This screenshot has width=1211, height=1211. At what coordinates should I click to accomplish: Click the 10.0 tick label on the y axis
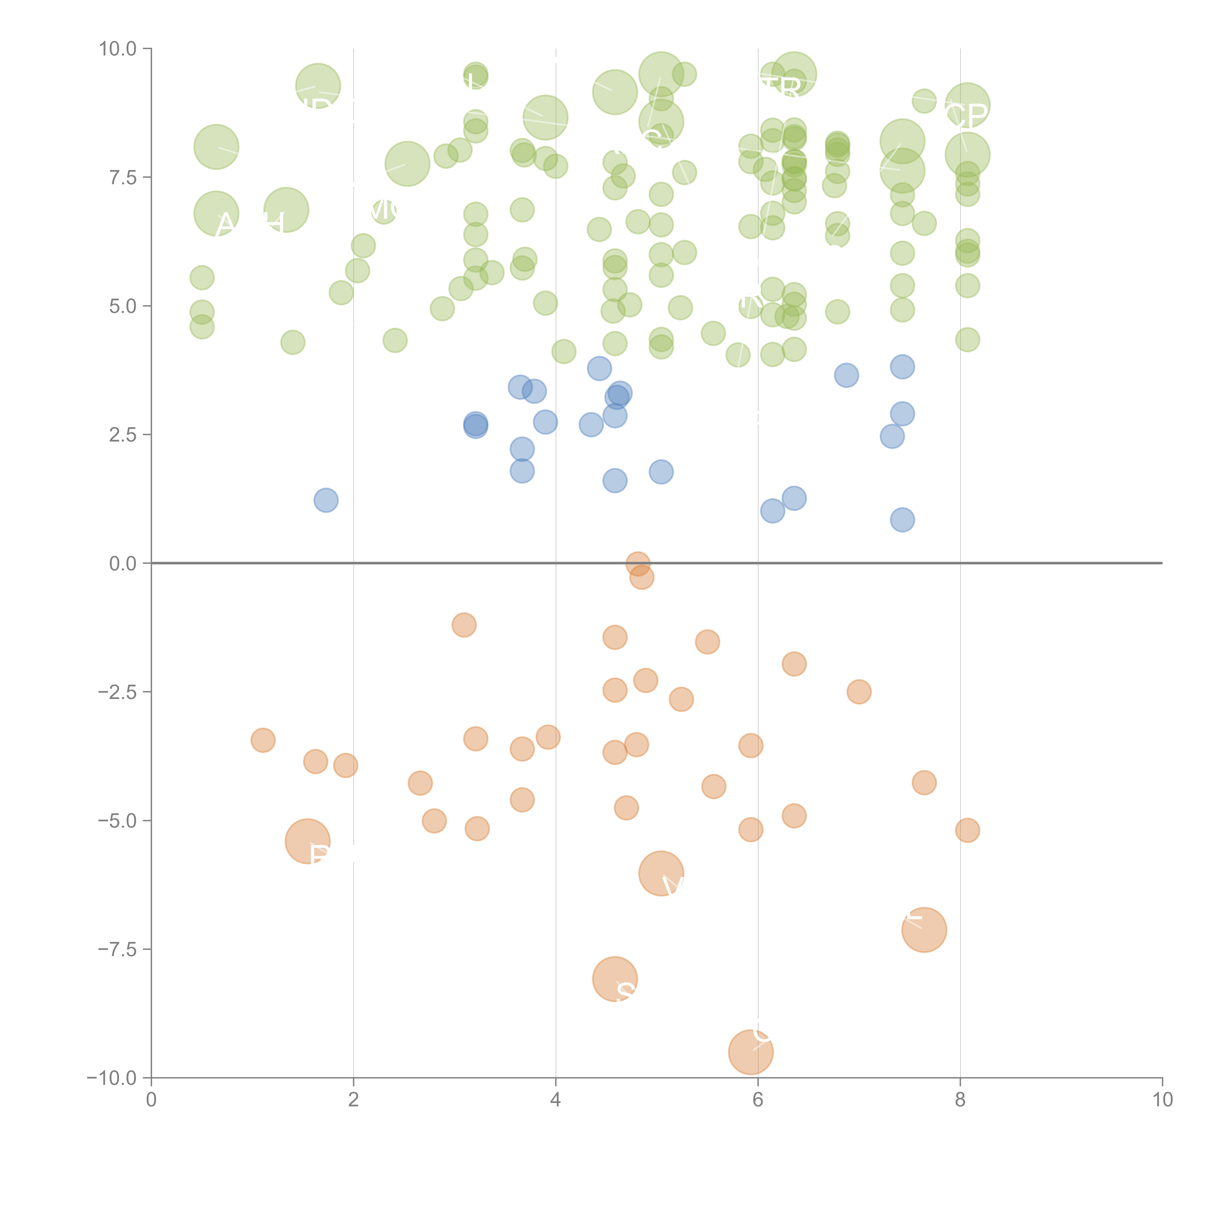click(x=118, y=49)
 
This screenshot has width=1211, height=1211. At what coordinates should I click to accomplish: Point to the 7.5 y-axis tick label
click(x=123, y=177)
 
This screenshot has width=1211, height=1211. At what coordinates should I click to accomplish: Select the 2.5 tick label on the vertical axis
click(x=123, y=434)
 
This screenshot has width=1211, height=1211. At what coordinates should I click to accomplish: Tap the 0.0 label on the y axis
click(x=123, y=564)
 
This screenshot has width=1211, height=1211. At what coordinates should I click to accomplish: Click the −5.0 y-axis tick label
click(x=118, y=821)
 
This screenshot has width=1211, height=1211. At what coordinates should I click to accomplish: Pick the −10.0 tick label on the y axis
click(x=113, y=1078)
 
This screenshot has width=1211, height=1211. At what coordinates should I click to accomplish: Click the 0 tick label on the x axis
click(x=151, y=1100)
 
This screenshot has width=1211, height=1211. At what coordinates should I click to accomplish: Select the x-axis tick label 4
click(x=555, y=1100)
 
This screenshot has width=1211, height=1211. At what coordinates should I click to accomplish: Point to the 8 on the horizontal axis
click(x=960, y=1100)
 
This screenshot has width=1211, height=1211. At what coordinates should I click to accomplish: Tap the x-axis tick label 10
click(x=1162, y=1100)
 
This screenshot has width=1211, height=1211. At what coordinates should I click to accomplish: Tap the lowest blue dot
click(x=902, y=520)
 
